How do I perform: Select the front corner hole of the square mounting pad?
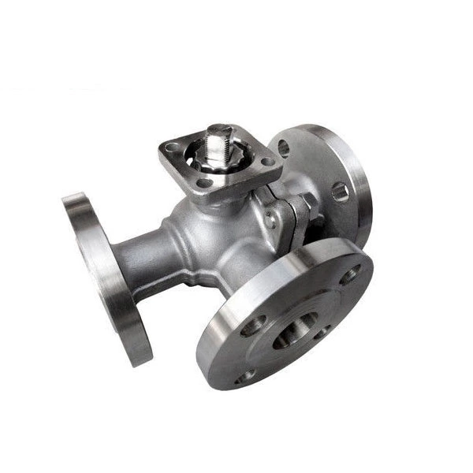pos(207,183)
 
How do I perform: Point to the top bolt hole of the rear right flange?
pos(284,147)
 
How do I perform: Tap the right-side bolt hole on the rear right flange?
pos(340,190)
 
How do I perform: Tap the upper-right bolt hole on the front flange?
pos(348,277)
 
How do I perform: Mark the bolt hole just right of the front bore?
pos(322,332)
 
